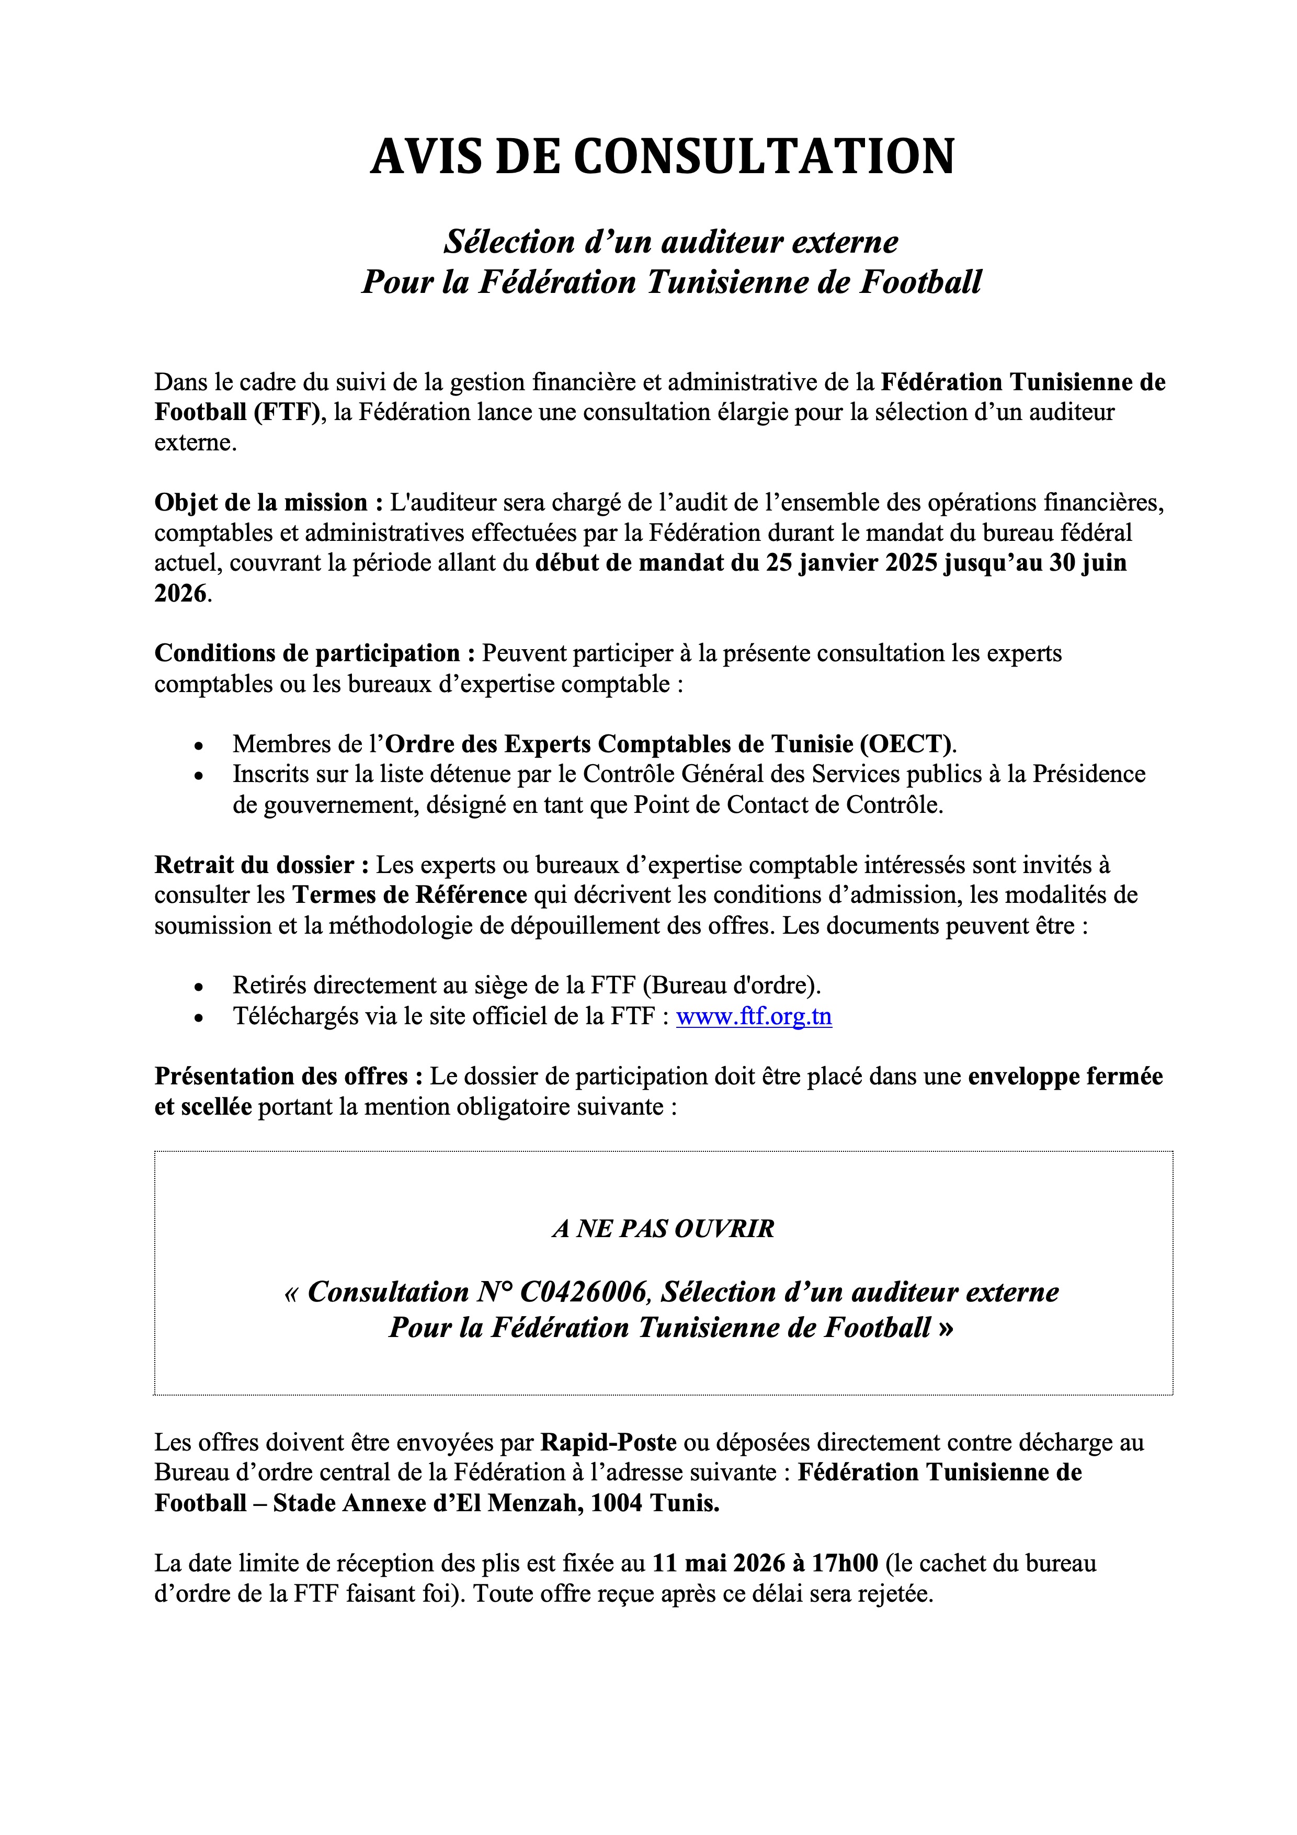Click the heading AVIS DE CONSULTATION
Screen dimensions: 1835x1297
[663, 156]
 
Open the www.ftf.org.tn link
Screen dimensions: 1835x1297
[754, 1016]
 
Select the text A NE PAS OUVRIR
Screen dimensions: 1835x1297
[663, 1228]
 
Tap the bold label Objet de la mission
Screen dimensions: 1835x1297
[260, 503]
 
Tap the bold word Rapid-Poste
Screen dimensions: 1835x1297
[608, 1443]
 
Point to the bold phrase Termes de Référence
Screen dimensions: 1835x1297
[409, 894]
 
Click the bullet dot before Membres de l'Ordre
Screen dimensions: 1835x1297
[199, 746]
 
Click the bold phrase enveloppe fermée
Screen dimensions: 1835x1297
[1064, 1077]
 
